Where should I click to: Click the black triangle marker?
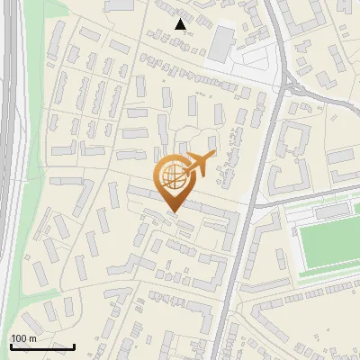181,24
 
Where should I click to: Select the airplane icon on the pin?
197,164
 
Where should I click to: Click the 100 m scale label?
23,337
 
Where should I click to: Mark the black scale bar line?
42,346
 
